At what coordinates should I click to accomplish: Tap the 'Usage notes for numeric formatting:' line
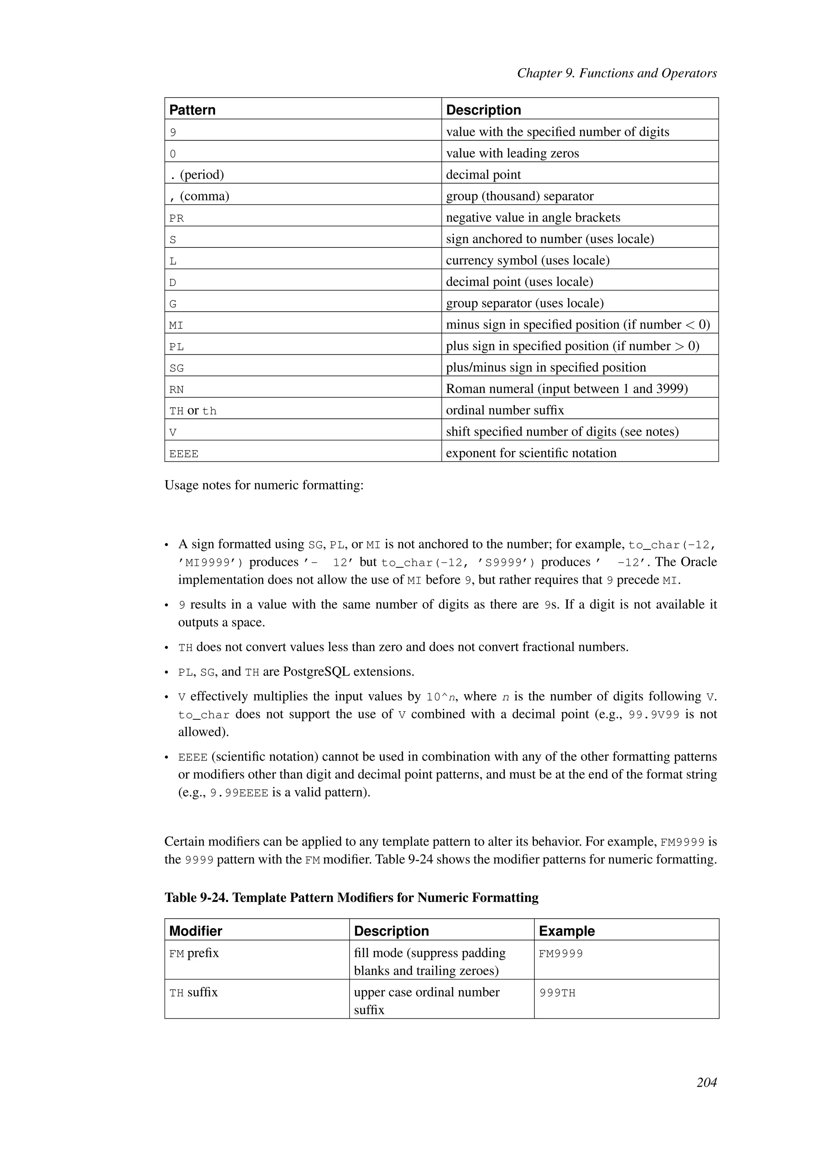(x=264, y=485)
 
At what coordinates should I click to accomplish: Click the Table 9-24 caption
(x=351, y=898)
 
